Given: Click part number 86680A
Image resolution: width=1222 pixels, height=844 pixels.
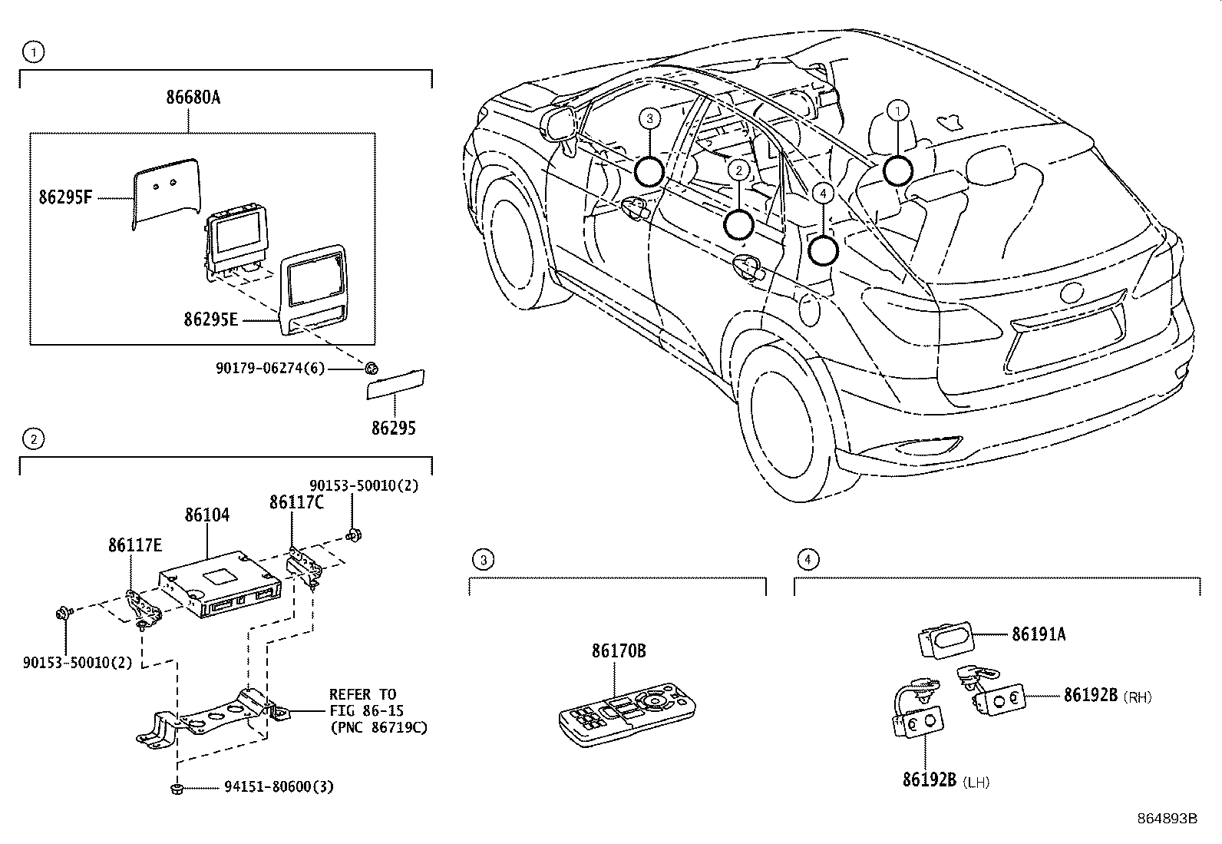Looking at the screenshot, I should click(x=193, y=98).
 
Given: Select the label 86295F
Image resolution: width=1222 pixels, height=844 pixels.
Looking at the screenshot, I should click(x=65, y=197).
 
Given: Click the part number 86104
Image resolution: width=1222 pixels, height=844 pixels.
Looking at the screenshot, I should click(x=207, y=515).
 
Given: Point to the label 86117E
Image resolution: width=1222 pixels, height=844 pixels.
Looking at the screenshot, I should click(x=135, y=545).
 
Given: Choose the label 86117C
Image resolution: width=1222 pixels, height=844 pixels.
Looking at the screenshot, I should click(x=296, y=502).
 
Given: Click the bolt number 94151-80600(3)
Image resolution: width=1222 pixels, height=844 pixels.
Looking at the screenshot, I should click(x=279, y=786).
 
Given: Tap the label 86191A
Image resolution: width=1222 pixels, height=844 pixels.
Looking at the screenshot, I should click(x=1039, y=634).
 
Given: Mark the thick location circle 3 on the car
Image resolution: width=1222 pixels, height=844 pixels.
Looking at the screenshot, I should click(x=649, y=172).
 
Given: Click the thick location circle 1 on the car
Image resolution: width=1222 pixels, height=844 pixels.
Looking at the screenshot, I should click(x=897, y=170).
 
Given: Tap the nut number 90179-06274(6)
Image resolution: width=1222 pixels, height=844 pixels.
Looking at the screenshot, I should click(x=270, y=369).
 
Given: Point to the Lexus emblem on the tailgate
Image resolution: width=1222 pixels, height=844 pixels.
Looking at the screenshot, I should click(x=1072, y=293).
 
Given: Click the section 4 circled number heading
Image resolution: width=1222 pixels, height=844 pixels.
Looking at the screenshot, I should click(x=808, y=560).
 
